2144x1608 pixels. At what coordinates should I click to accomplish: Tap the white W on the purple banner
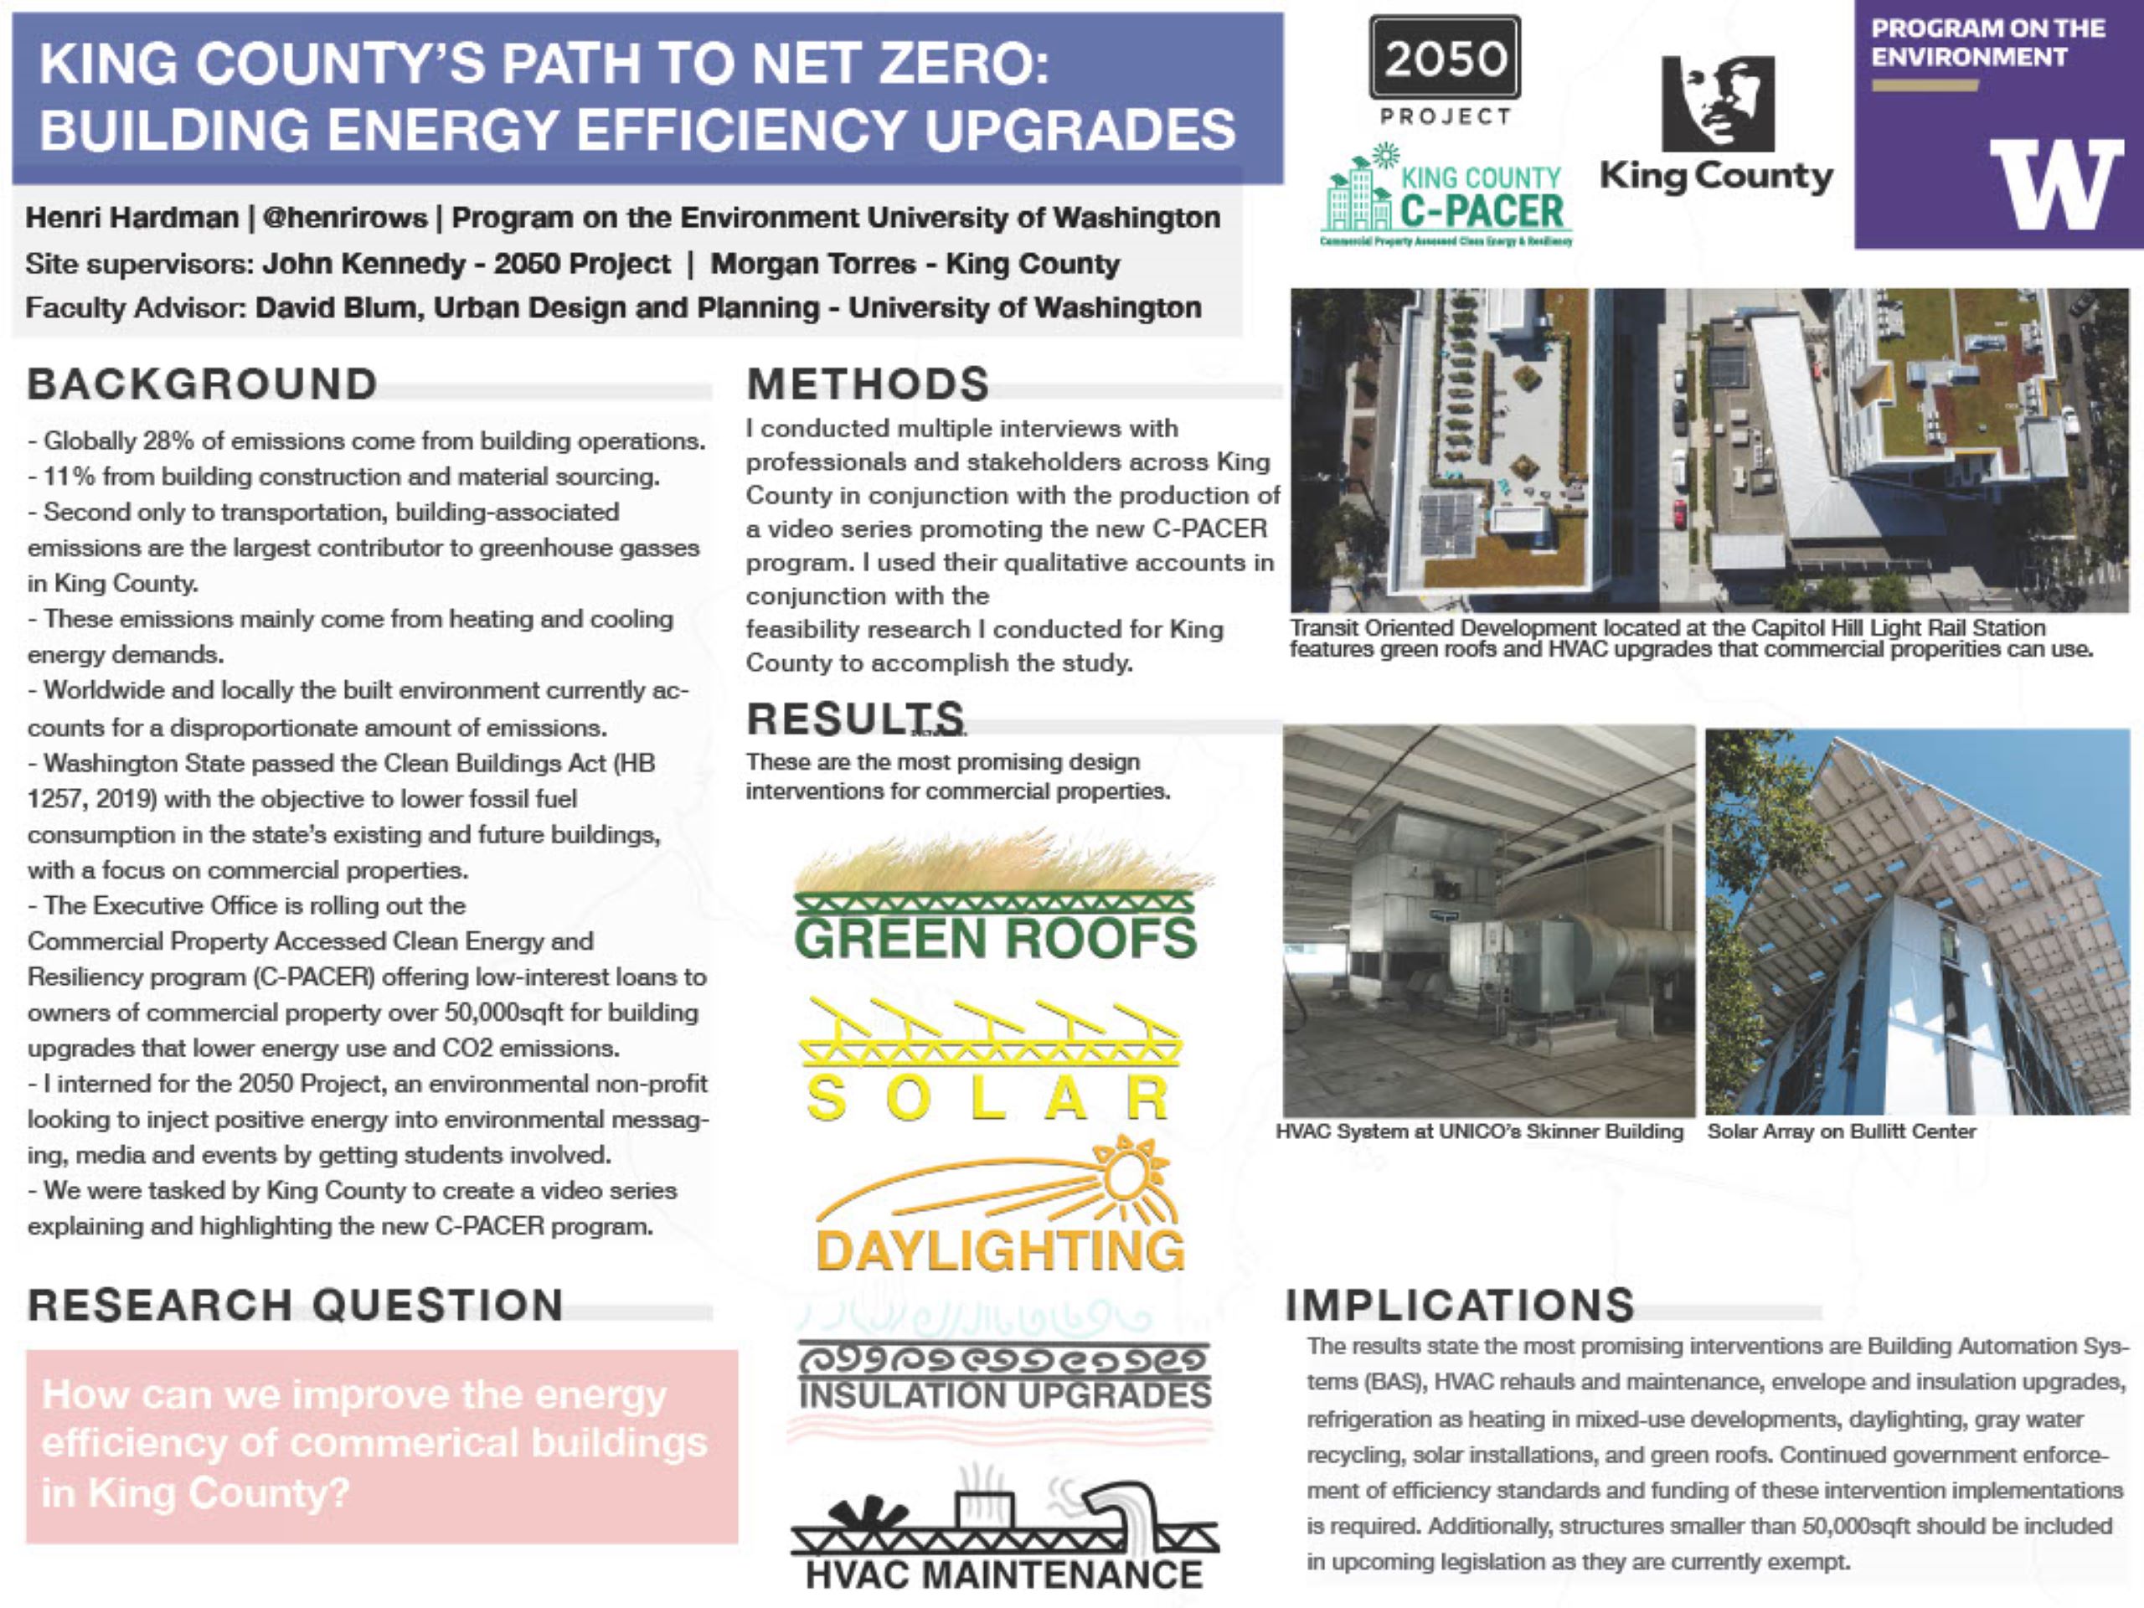point(2056,183)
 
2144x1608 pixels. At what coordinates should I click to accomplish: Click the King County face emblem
point(1718,103)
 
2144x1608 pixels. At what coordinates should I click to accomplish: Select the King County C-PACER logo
point(1446,198)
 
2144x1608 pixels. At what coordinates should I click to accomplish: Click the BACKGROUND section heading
point(203,384)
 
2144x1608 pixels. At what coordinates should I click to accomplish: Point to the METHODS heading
point(868,384)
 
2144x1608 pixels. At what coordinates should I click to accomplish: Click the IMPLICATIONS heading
point(1460,1306)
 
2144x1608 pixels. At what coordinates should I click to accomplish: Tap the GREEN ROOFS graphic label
point(996,938)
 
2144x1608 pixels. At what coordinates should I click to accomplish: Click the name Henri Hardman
point(131,217)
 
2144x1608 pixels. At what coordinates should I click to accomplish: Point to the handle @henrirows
point(344,217)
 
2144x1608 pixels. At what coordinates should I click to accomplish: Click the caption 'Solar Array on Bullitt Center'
point(1841,1131)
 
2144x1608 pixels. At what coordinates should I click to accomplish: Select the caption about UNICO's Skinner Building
point(1479,1131)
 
